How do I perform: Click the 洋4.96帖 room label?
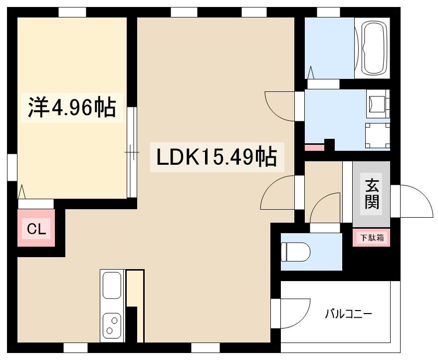click(72, 108)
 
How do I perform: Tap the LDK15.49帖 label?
click(217, 157)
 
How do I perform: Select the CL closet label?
click(36, 230)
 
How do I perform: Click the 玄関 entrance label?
click(372, 195)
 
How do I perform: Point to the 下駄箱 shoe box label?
click(372, 238)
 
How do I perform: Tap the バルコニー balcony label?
click(348, 314)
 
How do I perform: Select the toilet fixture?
click(295, 252)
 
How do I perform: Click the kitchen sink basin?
click(112, 286)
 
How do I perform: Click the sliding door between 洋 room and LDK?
click(132, 152)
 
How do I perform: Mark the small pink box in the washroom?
click(314, 147)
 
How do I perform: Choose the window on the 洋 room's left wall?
click(12, 167)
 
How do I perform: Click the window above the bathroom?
click(328, 12)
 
